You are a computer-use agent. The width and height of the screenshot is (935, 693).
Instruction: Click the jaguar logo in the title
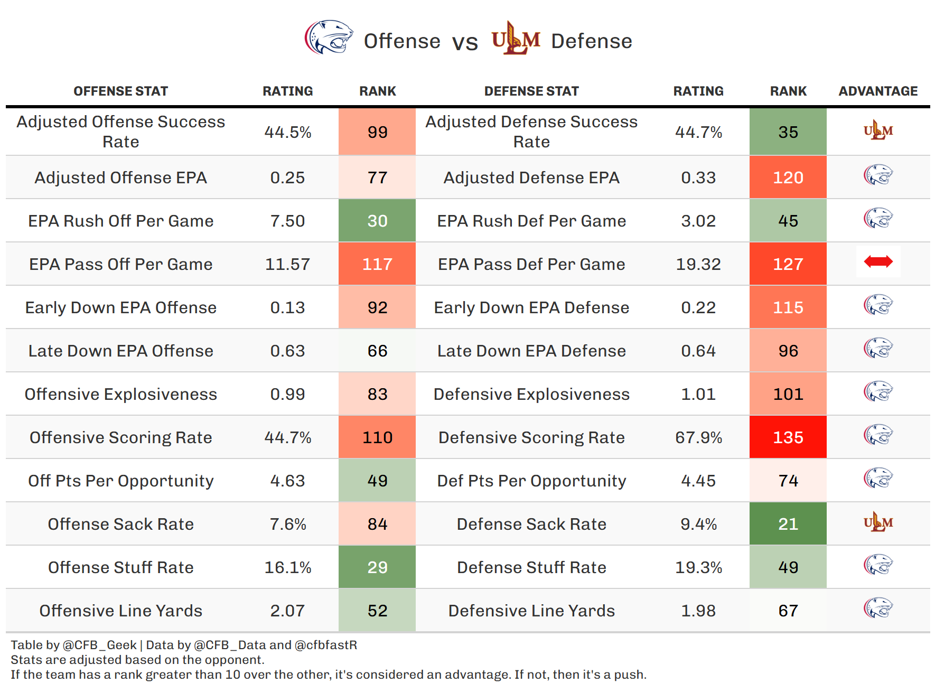[329, 38]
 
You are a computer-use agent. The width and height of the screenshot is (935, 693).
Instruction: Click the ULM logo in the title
[516, 39]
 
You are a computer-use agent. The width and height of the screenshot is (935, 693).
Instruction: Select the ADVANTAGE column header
[877, 91]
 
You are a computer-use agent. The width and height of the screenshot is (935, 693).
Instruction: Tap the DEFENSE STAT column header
[531, 91]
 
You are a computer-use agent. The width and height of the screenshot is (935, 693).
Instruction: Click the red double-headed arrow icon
[878, 261]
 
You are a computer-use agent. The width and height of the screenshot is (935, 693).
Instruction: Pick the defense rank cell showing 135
[788, 437]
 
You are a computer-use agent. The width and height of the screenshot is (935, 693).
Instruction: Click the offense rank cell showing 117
[377, 264]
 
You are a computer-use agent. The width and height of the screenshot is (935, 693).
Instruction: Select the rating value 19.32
[698, 264]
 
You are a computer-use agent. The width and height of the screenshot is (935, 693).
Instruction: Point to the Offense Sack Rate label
[121, 524]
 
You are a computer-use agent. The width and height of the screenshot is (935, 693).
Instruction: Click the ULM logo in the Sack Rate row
[878, 522]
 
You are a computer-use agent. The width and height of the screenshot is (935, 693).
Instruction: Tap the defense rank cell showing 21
[788, 524]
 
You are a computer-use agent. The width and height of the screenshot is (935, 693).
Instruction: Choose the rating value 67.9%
[698, 437]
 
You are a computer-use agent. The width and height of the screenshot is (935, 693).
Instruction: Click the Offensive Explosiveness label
[121, 394]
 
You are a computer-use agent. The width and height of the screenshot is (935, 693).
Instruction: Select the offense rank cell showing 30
[377, 221]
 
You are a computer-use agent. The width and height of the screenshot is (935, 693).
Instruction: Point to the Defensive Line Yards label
[531, 611]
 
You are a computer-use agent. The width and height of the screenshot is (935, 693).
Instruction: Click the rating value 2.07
[287, 611]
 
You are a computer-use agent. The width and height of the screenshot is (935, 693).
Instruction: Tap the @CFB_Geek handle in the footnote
[99, 645]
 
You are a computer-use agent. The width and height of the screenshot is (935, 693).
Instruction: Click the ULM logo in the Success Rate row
[878, 130]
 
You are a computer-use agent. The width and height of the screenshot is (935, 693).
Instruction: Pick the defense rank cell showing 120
[788, 177]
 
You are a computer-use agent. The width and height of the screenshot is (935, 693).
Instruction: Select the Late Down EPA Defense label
[531, 351]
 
